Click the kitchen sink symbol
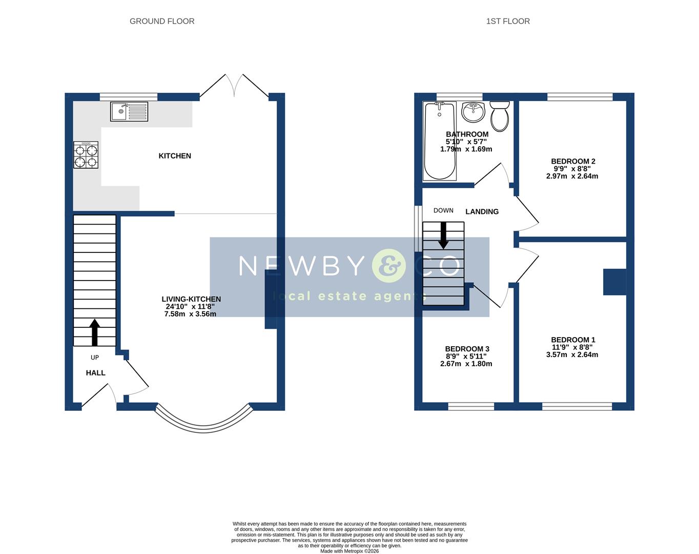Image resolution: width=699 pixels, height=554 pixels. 129,111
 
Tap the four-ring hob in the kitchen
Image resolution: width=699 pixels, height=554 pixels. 86,155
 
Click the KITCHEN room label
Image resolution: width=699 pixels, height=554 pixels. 175,156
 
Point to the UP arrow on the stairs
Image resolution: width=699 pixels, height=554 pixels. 94,333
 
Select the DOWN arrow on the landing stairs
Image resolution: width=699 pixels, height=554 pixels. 443,235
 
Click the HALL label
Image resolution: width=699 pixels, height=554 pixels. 95,373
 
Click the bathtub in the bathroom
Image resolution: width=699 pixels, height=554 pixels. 440,141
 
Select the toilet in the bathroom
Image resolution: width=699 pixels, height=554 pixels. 499,115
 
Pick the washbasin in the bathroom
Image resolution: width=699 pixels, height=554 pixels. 473,112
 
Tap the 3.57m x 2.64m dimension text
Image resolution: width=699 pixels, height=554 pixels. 572,354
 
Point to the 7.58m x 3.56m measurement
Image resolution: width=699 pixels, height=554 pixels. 190,314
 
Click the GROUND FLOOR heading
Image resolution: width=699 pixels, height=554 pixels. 162,21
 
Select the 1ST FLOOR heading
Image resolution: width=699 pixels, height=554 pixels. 508,21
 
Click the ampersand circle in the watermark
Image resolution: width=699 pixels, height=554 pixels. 389,266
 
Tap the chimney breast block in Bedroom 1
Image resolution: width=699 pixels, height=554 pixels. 614,282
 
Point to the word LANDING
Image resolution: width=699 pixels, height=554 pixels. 482,211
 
